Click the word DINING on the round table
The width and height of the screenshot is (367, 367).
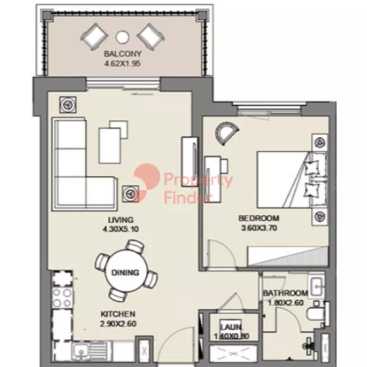pos(125,273)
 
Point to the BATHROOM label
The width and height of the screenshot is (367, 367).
pos(285,294)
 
